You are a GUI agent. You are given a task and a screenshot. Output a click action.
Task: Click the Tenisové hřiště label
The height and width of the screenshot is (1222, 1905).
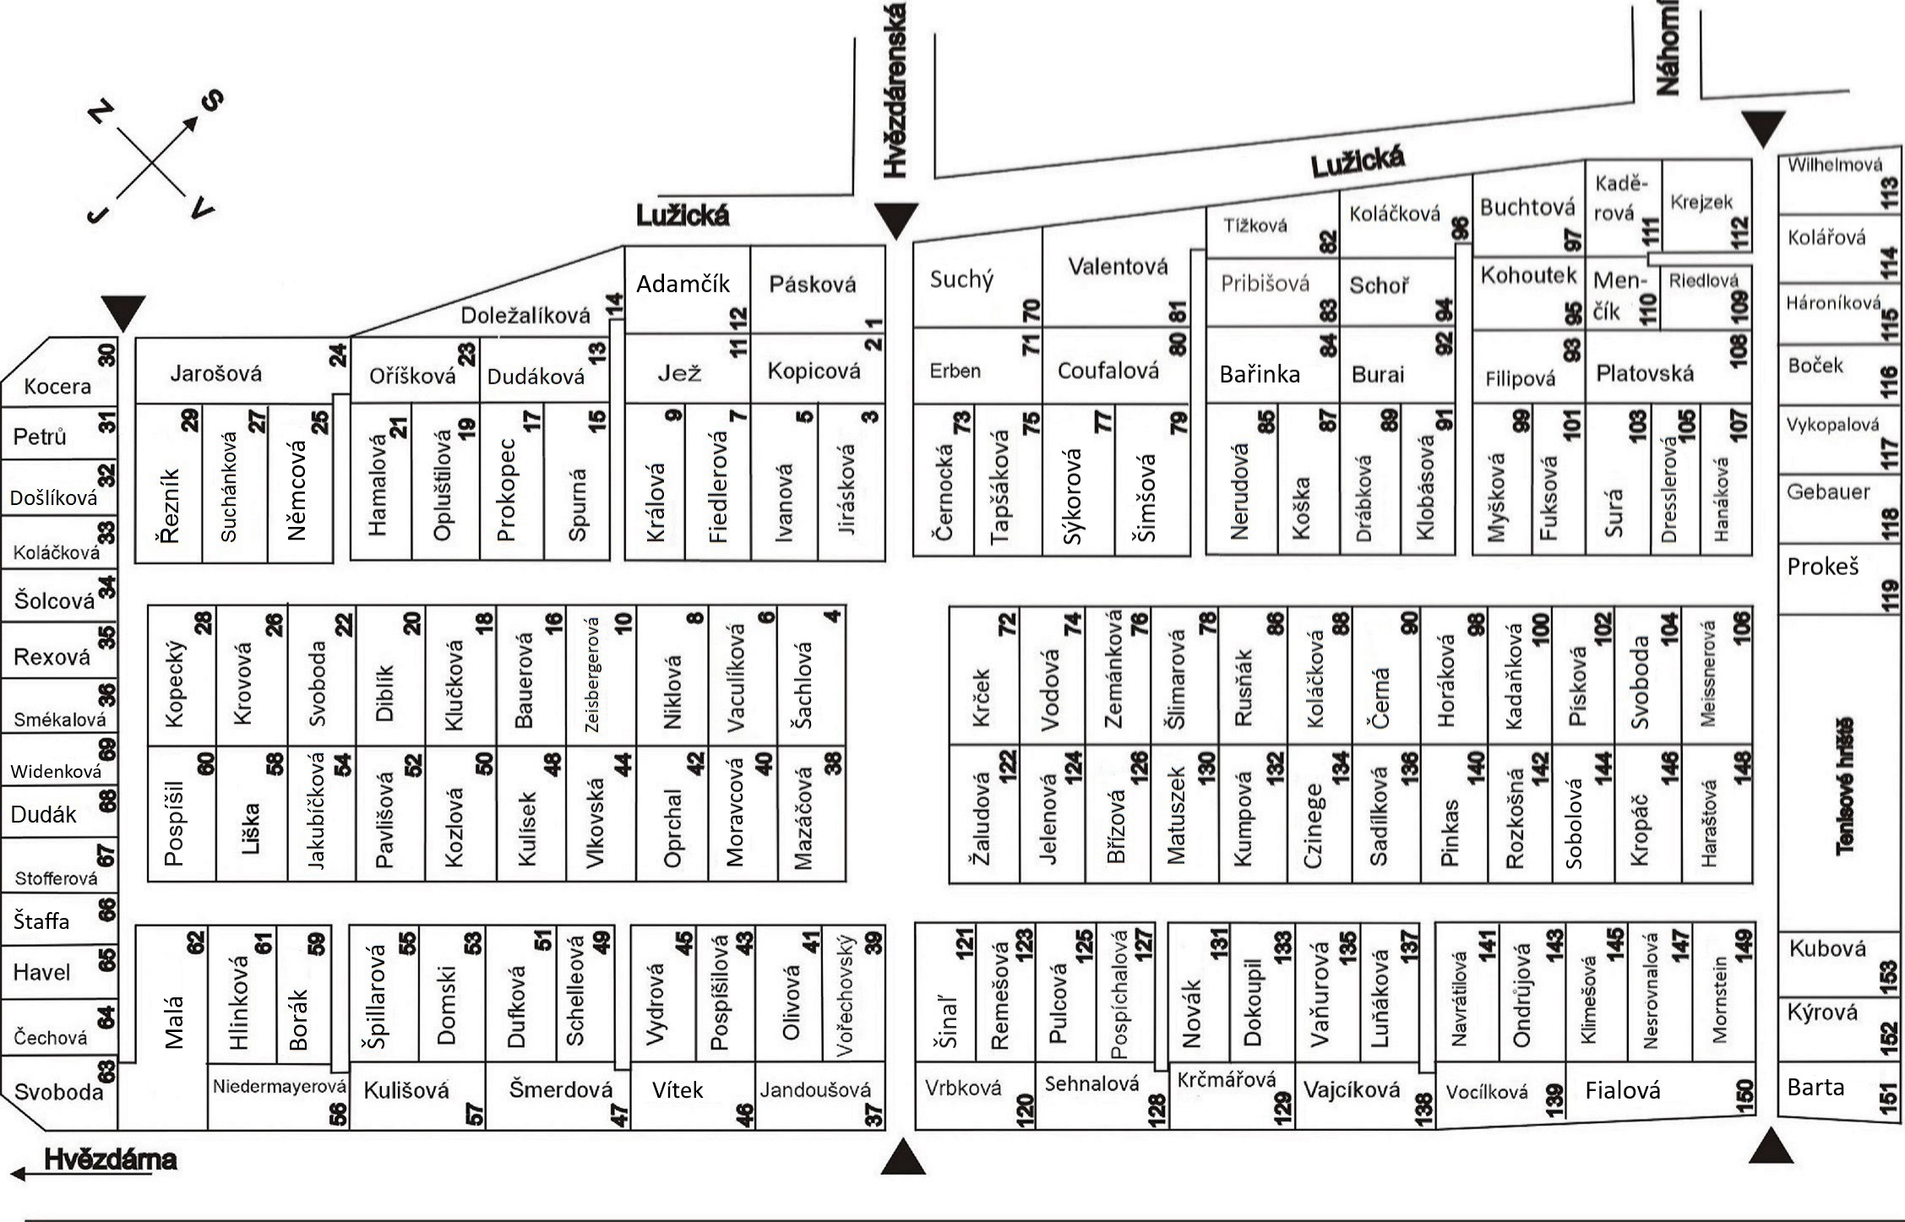pos(1845,786)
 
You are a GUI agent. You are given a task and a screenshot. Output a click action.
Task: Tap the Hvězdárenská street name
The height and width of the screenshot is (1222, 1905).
pos(895,91)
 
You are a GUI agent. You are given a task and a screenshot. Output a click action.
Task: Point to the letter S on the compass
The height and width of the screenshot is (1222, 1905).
pos(212,101)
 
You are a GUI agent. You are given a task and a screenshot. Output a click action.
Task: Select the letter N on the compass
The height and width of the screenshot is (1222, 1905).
pos(101,111)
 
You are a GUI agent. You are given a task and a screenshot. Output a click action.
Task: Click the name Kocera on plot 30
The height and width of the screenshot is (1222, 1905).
pos(57,386)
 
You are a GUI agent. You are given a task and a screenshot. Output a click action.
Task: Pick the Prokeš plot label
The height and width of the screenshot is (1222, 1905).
pos(1823,567)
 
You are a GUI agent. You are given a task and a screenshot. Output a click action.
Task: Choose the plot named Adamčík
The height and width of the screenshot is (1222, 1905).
pos(683,284)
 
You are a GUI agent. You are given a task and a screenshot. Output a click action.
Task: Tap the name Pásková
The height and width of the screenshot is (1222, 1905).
pos(812,285)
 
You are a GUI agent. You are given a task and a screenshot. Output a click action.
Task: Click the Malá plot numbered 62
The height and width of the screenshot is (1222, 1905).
pos(173,1022)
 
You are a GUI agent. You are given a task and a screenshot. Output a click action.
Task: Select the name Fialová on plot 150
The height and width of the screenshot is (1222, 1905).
pos(1622,1090)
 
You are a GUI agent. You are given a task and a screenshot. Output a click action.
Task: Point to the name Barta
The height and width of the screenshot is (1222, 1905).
pos(1815,1087)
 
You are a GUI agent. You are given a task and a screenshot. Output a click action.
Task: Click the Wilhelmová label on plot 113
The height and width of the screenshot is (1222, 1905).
pos(1834,166)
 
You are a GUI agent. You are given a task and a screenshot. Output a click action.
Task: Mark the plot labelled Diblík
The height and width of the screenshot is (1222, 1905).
pos(384,692)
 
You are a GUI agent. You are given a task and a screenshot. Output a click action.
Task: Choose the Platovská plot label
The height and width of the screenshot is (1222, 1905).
pos(1644,374)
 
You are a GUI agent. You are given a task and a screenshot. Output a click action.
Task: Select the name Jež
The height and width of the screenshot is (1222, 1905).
pos(679,372)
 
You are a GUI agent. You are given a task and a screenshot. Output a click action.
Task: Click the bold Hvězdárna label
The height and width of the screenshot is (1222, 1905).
pos(110,1160)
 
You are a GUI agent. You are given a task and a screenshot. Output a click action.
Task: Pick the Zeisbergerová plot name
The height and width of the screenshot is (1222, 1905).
pos(591,675)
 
